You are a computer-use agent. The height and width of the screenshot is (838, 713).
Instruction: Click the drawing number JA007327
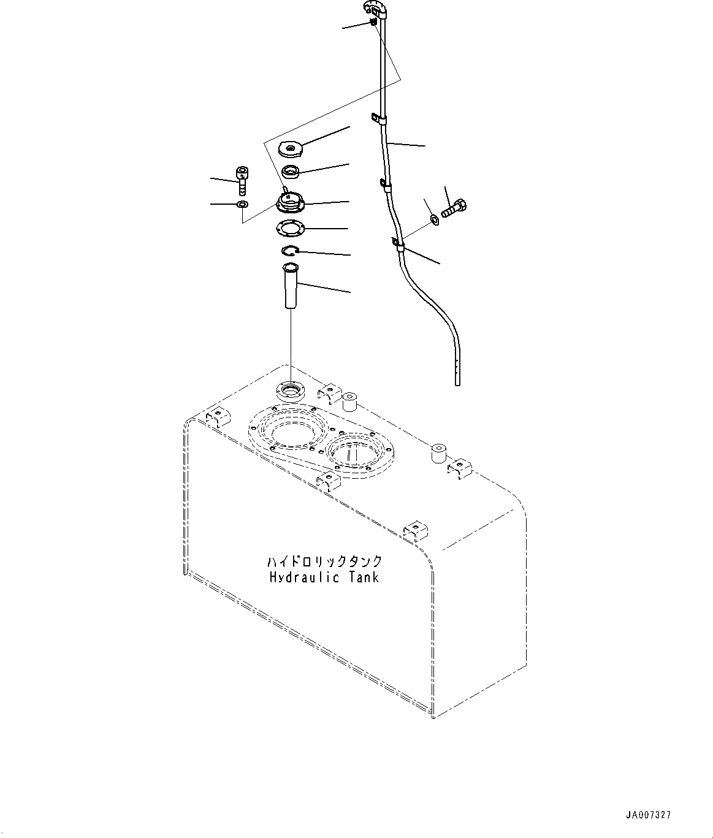pos(648,815)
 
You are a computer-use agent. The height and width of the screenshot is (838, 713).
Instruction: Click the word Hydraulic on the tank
pos(298,577)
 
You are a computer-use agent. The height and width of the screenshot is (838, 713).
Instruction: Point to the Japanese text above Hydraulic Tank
pos(324,562)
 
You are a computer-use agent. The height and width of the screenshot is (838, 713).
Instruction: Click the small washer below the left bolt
pos(242,204)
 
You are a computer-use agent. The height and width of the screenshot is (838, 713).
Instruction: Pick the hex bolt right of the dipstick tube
pos(455,210)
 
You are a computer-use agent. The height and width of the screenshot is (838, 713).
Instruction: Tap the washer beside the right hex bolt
pos(434,218)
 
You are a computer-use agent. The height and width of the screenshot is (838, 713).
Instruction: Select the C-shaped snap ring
pos(289,250)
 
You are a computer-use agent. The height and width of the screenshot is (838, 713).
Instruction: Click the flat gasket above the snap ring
pos(291,227)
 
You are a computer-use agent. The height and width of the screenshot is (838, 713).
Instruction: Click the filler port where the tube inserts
pos(289,390)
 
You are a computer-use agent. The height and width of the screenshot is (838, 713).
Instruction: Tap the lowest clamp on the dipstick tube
pos(397,246)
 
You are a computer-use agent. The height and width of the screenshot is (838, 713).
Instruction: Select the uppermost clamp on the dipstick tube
pos(378,118)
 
